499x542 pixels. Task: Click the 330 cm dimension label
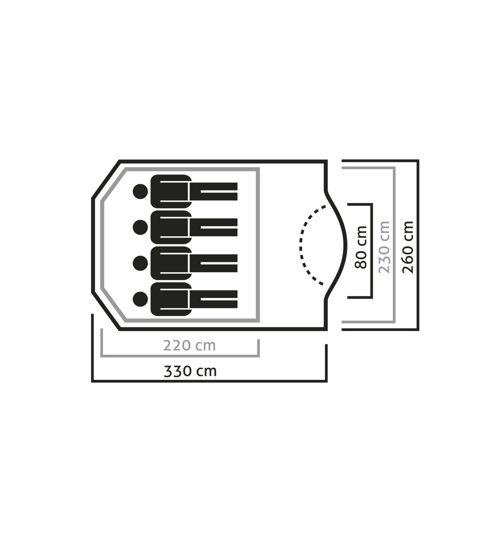point(190,371)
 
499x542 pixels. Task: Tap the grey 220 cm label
point(190,346)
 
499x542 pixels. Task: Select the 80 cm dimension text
point(361,247)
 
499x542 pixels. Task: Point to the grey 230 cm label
point(384,247)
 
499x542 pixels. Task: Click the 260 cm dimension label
point(408,247)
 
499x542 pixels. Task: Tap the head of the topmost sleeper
point(140,191)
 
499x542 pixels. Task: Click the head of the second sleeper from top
point(140,227)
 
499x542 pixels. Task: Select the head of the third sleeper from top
point(140,263)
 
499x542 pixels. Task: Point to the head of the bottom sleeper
point(140,299)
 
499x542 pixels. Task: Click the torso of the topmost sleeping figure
point(171,191)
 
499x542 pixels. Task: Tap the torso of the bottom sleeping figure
point(171,299)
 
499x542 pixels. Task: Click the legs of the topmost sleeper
point(214,191)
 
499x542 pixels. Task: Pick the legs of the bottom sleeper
point(214,299)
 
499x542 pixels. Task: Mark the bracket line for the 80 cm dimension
point(372,251)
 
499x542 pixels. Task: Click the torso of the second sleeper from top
point(171,227)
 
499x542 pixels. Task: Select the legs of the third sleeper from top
point(214,263)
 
